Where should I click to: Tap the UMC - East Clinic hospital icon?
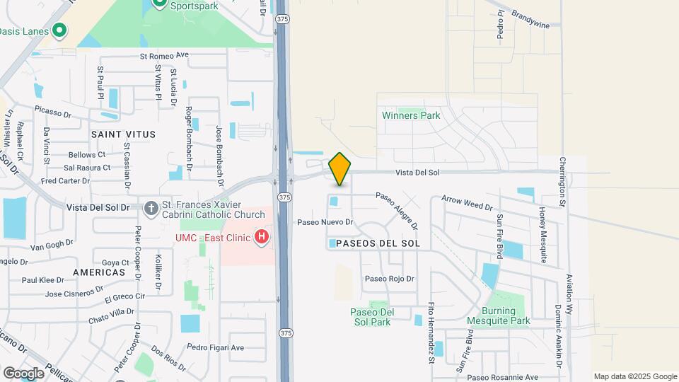pyautogui.click(x=262, y=236)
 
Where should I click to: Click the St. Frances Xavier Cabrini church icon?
pyautogui.click(x=151, y=208)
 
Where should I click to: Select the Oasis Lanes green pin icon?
pyautogui.click(x=60, y=30)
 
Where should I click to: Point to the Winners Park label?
pyautogui.click(x=411, y=115)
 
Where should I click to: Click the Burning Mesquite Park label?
pyautogui.click(x=505, y=316)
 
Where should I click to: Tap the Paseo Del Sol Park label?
pyautogui.click(x=371, y=317)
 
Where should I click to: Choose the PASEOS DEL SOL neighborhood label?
pyautogui.click(x=374, y=243)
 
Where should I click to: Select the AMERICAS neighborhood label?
pyautogui.click(x=98, y=272)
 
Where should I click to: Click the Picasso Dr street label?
pyautogui.click(x=53, y=112)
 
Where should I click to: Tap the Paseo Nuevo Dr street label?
pyautogui.click(x=325, y=222)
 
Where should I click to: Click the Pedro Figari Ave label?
pyautogui.click(x=215, y=347)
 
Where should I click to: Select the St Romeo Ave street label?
pyautogui.click(x=165, y=55)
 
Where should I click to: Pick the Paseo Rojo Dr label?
pyautogui.click(x=389, y=279)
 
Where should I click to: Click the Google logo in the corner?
pyautogui.click(x=23, y=373)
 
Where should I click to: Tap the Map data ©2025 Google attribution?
pyautogui.click(x=634, y=376)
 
